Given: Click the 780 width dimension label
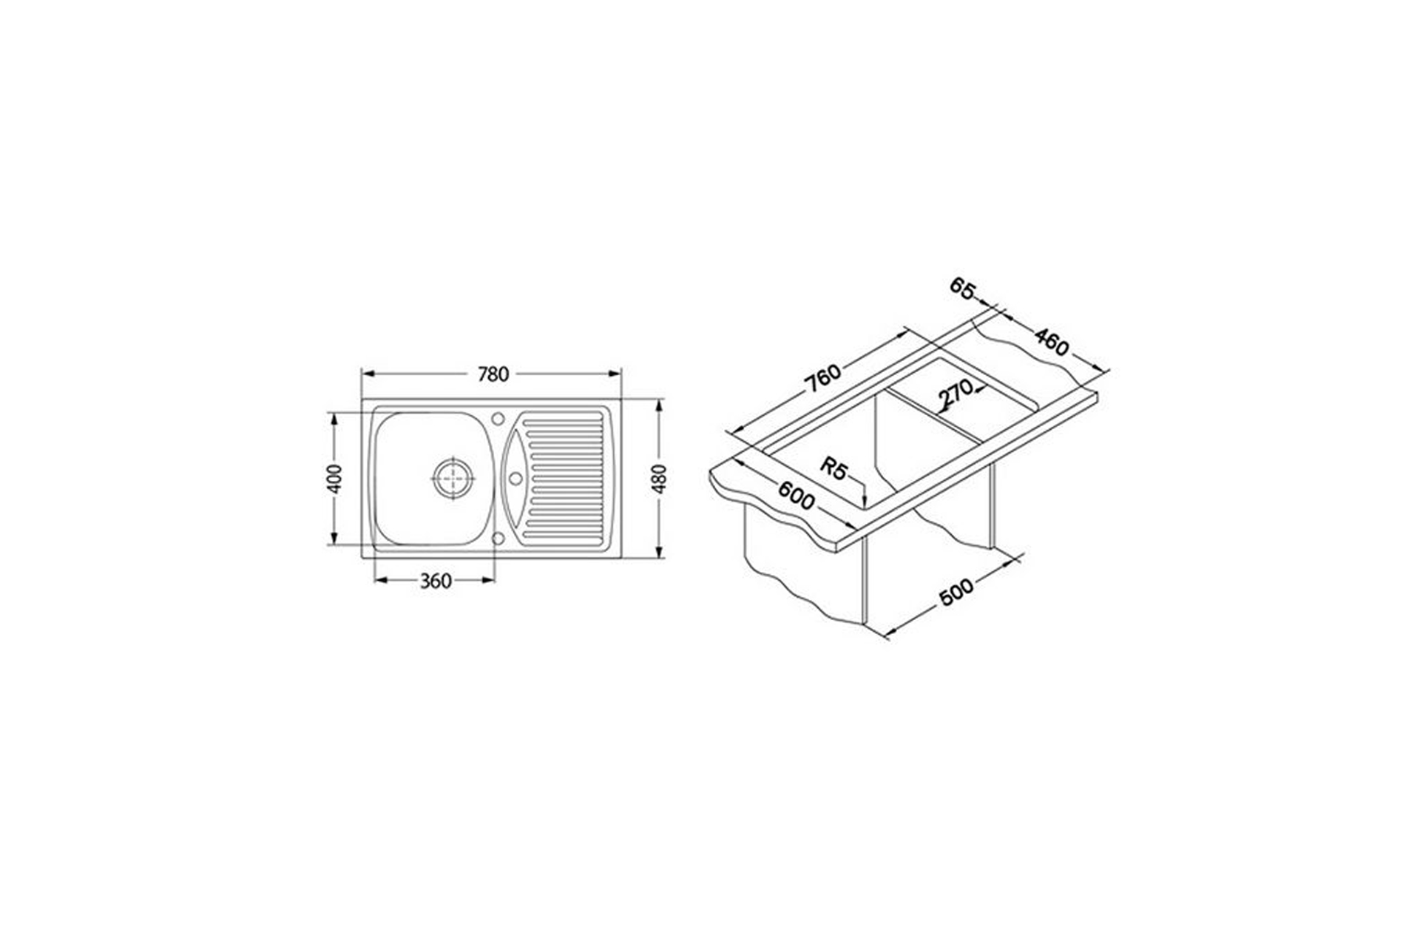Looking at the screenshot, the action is (493, 374).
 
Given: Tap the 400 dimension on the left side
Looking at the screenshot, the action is (335, 479).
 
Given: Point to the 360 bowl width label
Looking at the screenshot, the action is (436, 582).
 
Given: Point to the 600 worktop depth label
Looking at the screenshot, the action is (797, 495).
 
